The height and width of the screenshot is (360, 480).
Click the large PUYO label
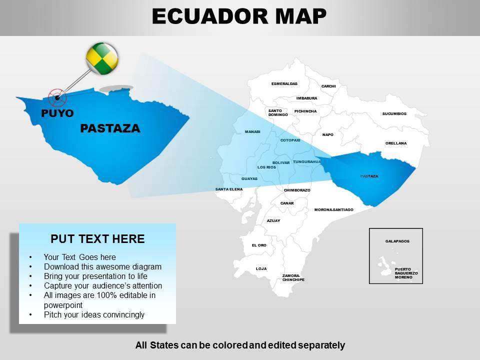57,113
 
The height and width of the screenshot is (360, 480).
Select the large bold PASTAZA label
110,128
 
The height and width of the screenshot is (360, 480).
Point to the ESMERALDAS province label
284,83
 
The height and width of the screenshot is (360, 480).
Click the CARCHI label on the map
328,86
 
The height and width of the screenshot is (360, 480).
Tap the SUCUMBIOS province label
394,113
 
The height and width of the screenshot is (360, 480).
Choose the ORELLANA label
396,143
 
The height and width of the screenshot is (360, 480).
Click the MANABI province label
252,131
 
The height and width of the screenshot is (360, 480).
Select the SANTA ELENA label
229,189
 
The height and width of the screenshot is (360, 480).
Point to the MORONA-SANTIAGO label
333,209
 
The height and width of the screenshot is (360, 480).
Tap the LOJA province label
261,268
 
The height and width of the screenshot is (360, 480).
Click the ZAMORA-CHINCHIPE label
293,277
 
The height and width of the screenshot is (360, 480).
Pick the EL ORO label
259,245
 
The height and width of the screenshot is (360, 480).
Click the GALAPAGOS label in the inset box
397,241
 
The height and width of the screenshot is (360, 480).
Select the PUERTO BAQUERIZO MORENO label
406,273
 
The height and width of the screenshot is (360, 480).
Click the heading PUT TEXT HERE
98,238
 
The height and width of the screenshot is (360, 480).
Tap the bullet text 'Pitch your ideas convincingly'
94,314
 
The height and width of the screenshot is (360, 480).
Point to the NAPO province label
328,134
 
